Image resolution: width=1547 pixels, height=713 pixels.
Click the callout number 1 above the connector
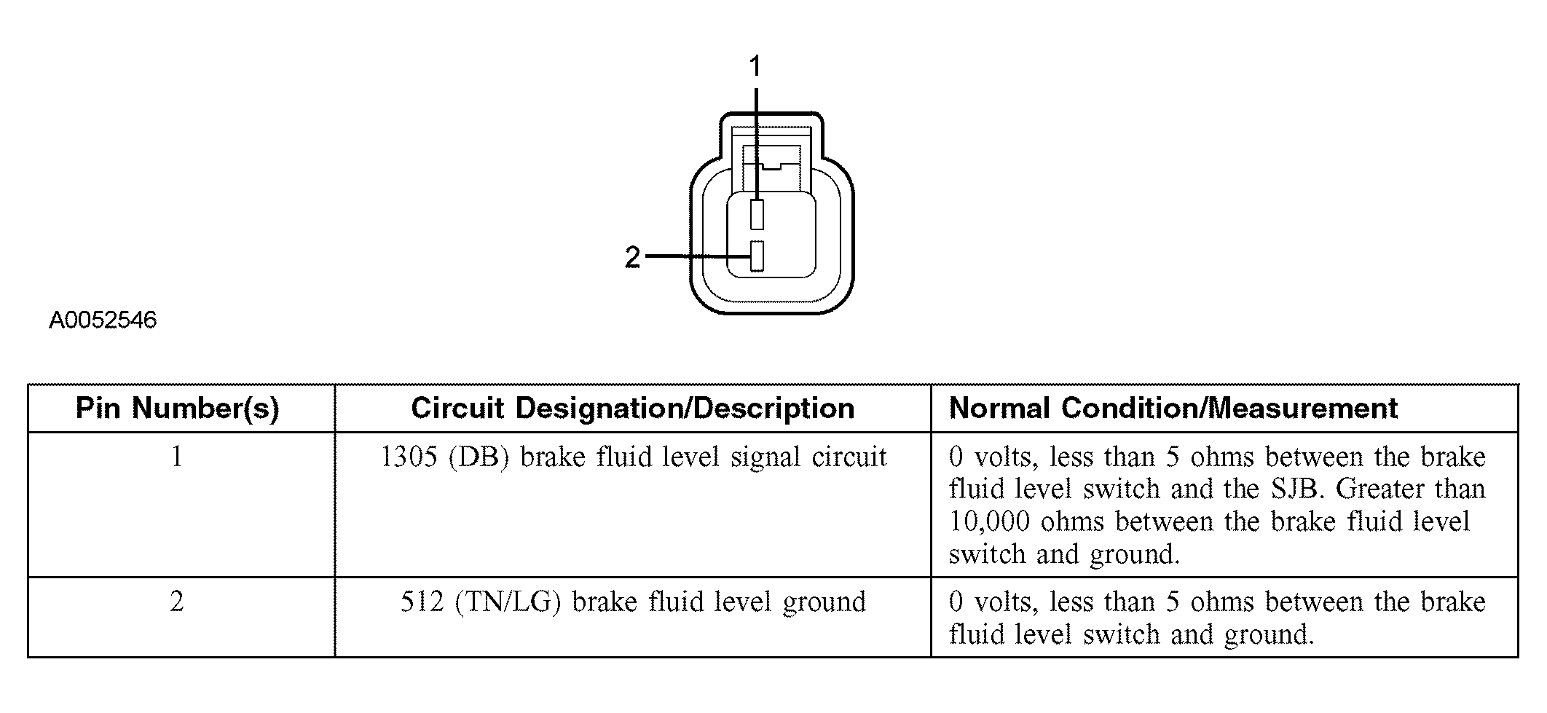coord(755,66)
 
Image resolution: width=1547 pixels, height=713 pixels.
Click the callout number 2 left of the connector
coord(632,257)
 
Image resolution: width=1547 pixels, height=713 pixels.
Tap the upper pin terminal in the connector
coord(757,216)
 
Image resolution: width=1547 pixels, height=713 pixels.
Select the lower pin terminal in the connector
coord(757,256)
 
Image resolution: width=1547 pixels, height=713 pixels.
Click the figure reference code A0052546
coord(103,320)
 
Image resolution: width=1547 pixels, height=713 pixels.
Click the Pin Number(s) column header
coord(178,409)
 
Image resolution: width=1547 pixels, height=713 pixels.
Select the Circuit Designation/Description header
coord(632,409)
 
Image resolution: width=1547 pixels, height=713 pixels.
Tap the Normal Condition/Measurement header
coord(1173,408)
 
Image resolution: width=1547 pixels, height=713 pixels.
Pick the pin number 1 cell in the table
coord(177,457)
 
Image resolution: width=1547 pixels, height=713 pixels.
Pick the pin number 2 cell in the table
coord(177,602)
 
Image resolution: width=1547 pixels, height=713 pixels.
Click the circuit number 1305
coord(409,457)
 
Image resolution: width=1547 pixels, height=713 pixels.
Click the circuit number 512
coord(422,602)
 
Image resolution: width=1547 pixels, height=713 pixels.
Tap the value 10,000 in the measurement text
coord(990,522)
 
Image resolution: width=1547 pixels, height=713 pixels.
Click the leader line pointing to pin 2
coord(699,256)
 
